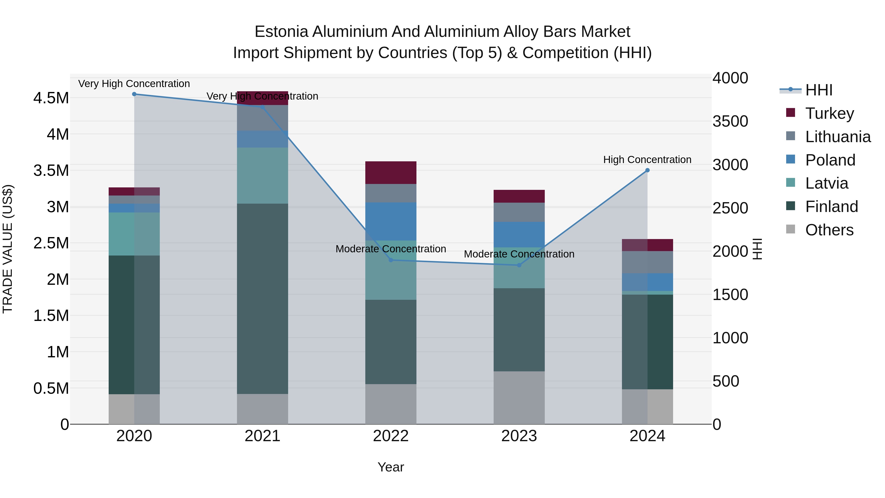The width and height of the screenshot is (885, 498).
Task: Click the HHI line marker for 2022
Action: (x=391, y=260)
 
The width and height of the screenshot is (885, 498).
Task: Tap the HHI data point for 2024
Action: (x=647, y=170)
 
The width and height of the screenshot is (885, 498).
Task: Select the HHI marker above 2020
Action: (x=134, y=94)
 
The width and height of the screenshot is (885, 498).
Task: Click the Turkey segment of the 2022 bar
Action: (x=391, y=173)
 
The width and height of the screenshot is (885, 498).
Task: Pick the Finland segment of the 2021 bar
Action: (x=263, y=298)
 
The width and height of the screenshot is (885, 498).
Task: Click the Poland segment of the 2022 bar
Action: (x=391, y=221)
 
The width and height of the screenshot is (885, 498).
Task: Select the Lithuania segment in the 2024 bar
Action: (x=647, y=262)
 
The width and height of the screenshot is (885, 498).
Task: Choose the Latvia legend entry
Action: (x=826, y=183)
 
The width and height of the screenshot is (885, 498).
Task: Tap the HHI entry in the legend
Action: (x=818, y=90)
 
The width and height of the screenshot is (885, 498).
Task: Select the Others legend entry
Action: (x=829, y=230)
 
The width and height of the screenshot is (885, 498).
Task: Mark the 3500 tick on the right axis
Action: (x=730, y=121)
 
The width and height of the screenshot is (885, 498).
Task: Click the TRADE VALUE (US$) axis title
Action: (x=8, y=249)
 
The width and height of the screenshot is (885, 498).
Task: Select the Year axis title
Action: (x=391, y=467)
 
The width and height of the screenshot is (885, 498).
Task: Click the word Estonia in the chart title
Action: (x=281, y=32)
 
